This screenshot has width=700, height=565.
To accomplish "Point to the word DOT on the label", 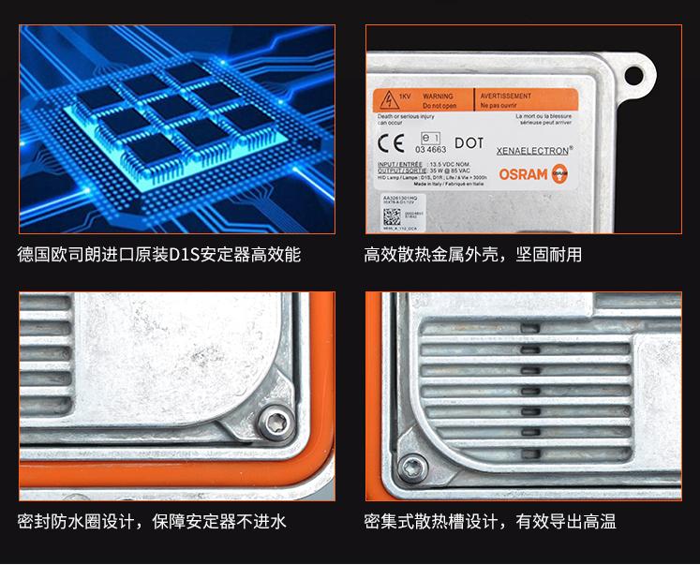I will click(x=469, y=143).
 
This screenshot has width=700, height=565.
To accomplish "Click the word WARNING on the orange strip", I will click(x=438, y=97).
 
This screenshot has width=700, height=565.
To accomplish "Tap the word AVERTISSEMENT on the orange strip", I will click(x=506, y=97).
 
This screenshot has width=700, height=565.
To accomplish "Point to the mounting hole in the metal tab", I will click(x=639, y=70).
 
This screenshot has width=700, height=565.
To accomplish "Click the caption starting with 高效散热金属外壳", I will click(x=472, y=255).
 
